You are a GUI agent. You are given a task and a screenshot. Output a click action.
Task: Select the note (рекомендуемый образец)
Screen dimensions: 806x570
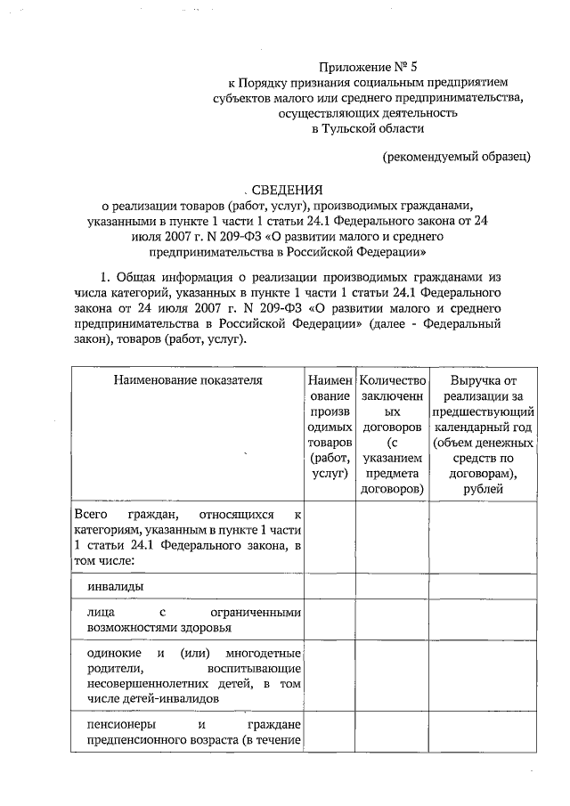[457, 158]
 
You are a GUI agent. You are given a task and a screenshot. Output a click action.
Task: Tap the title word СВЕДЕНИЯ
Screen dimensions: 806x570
[286, 189]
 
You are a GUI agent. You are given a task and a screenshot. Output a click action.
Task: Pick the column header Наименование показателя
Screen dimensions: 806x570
[188, 380]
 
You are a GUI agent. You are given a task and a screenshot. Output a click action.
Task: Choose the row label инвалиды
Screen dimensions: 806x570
[116, 587]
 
